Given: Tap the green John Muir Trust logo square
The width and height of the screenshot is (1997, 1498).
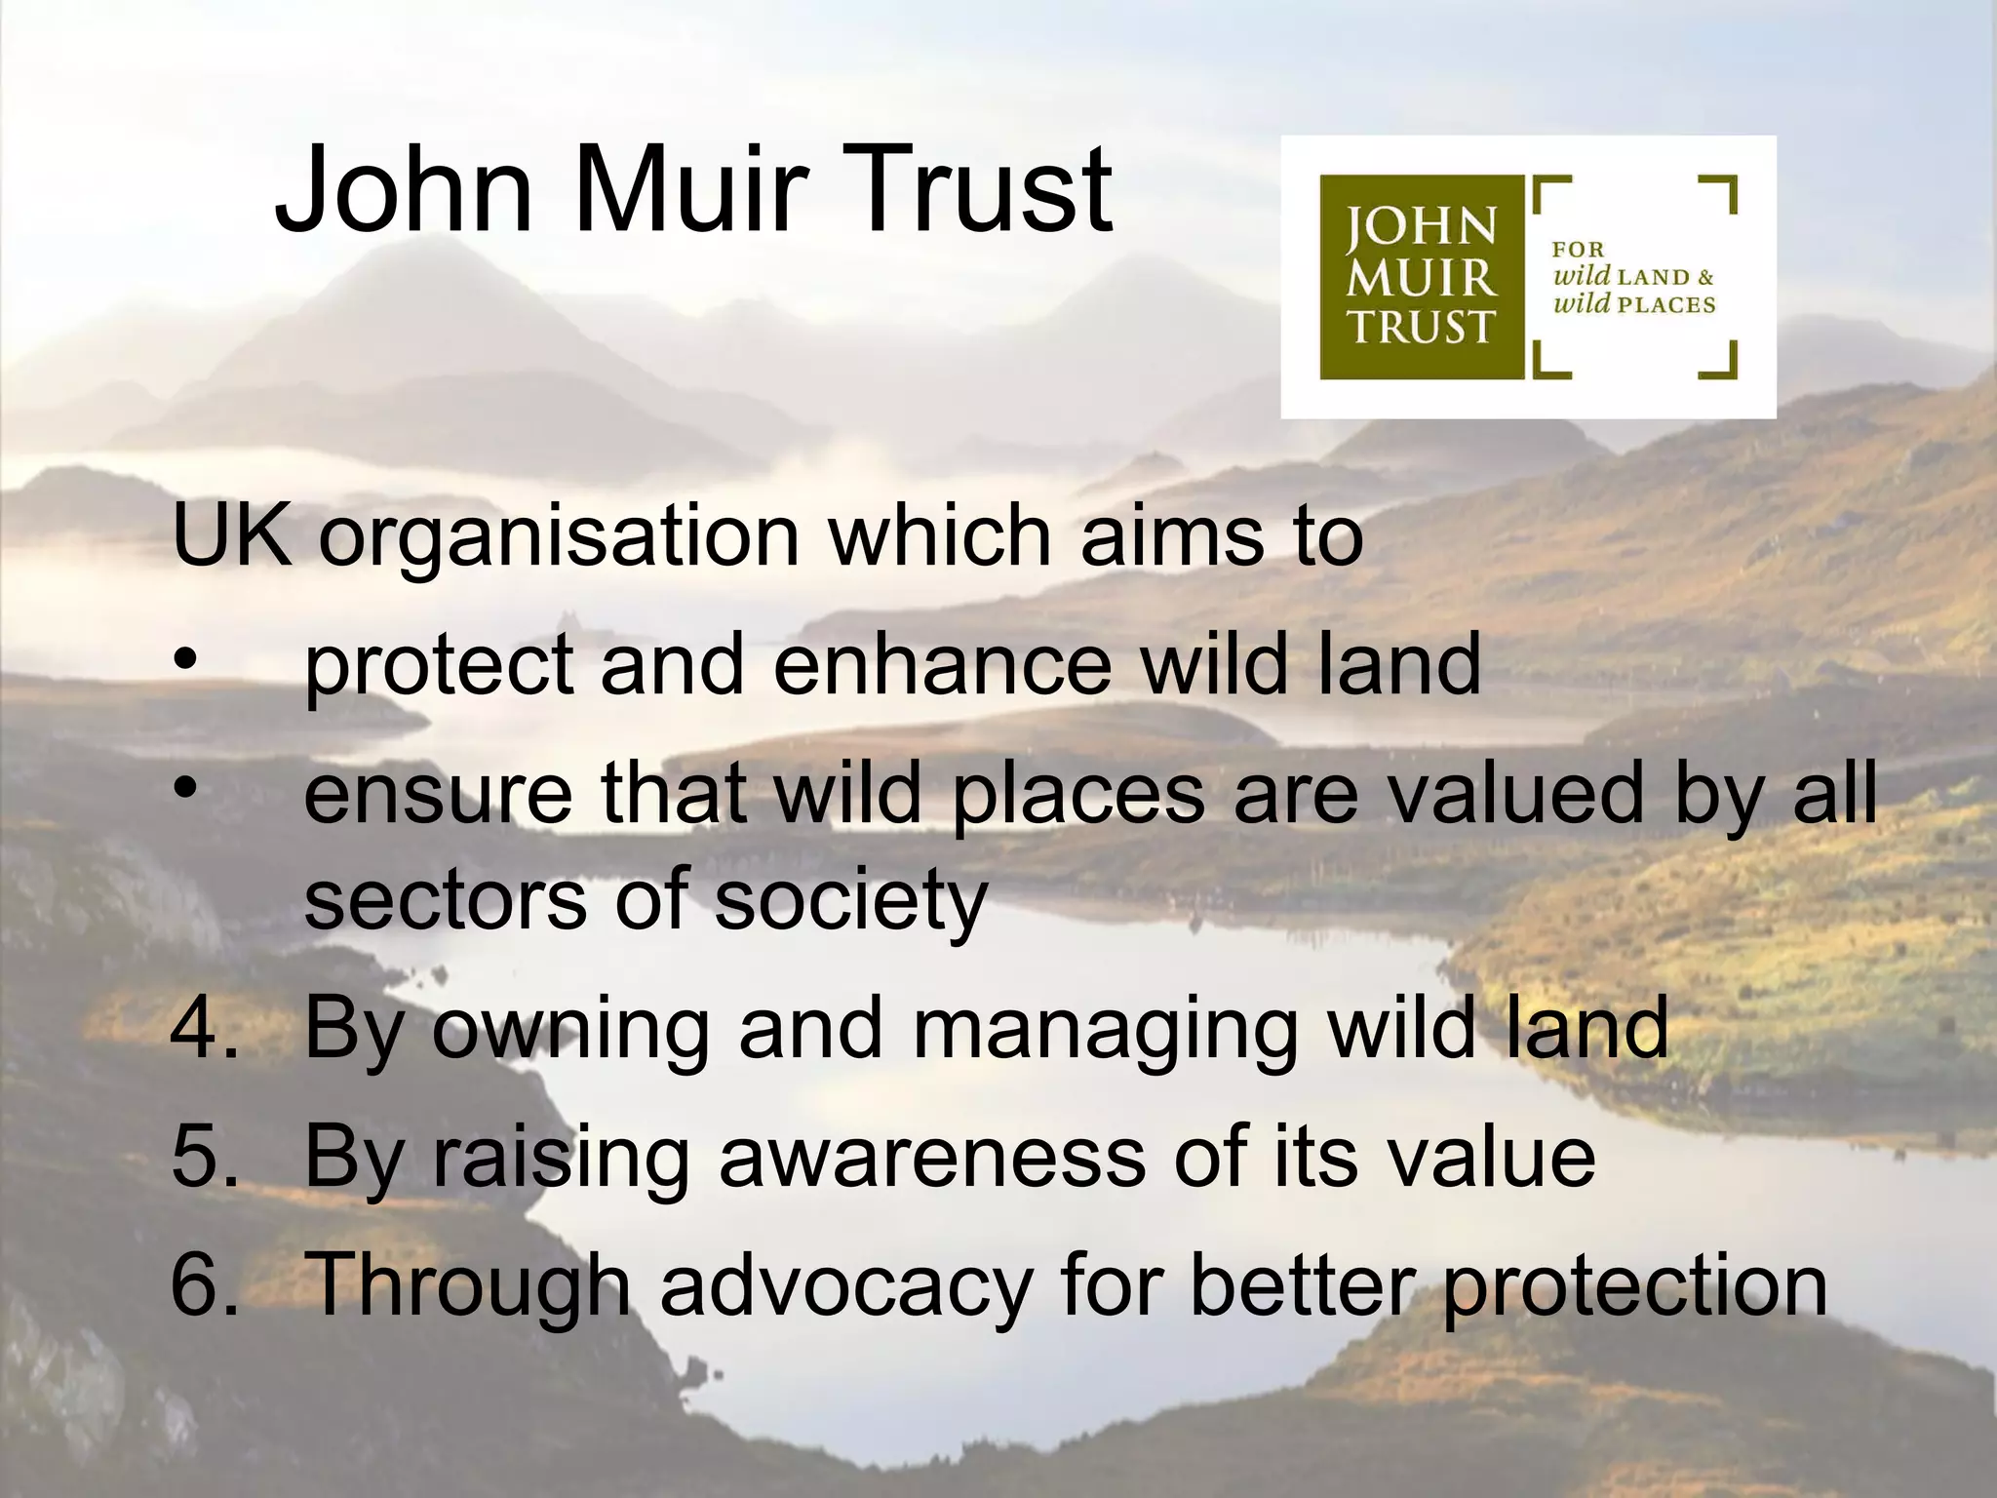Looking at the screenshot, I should (1421, 277).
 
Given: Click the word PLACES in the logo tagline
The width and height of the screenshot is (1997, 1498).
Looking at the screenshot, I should (1665, 305).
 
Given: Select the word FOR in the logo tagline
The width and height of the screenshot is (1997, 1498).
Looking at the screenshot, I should (1578, 250).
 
